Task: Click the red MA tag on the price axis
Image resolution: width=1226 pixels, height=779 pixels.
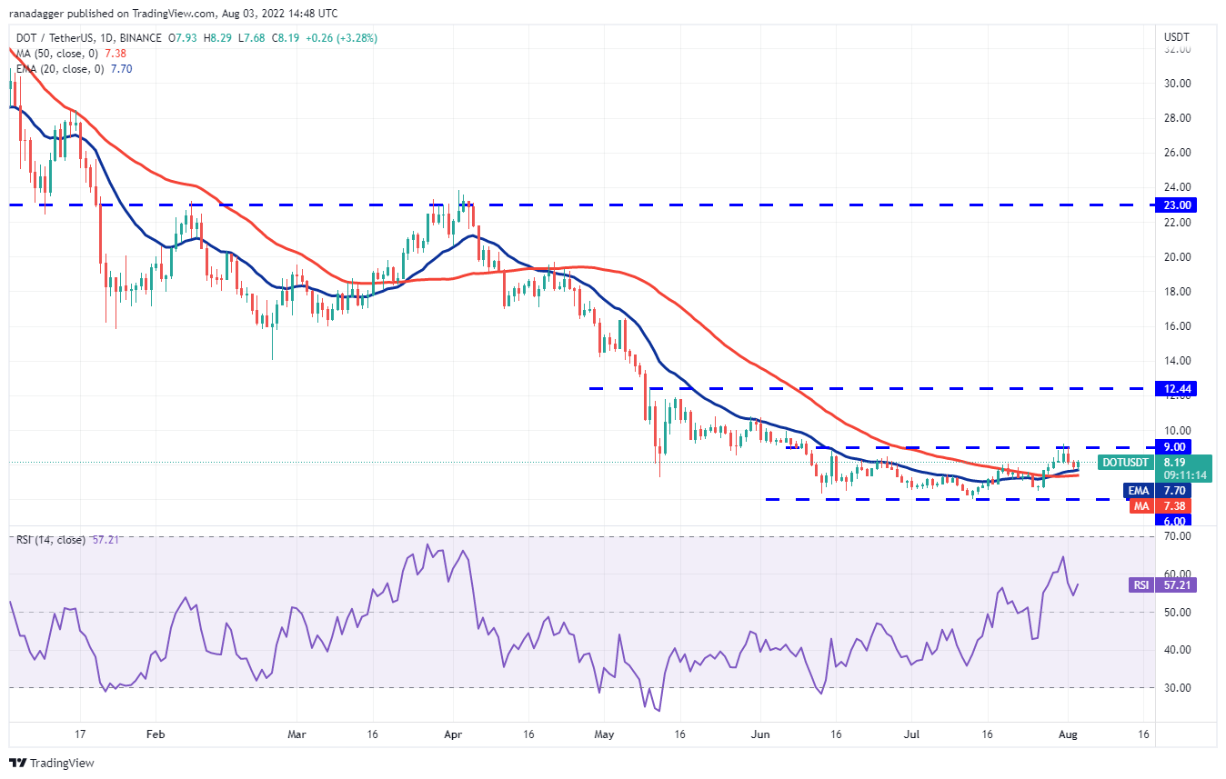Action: pyautogui.click(x=1141, y=506)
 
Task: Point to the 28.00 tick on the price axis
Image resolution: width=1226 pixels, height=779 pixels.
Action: pyautogui.click(x=1178, y=118)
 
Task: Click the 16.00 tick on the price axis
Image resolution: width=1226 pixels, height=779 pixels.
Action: pyautogui.click(x=1178, y=326)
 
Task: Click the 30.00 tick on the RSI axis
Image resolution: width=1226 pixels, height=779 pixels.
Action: pyautogui.click(x=1178, y=688)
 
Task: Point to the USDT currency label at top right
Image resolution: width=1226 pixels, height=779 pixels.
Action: pyautogui.click(x=1178, y=37)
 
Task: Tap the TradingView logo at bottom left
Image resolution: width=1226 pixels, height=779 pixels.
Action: pyautogui.click(x=52, y=763)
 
